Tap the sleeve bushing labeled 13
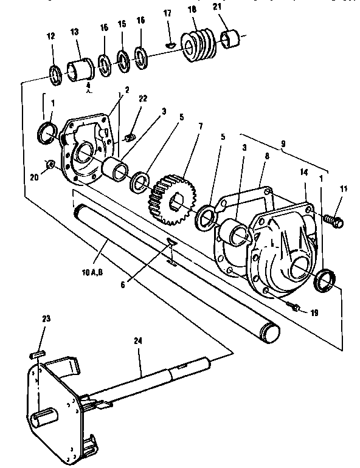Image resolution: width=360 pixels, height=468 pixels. coord(78,68)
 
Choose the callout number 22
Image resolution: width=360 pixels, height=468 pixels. coord(143,99)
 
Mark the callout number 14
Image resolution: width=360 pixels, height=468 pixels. coord(304,171)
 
